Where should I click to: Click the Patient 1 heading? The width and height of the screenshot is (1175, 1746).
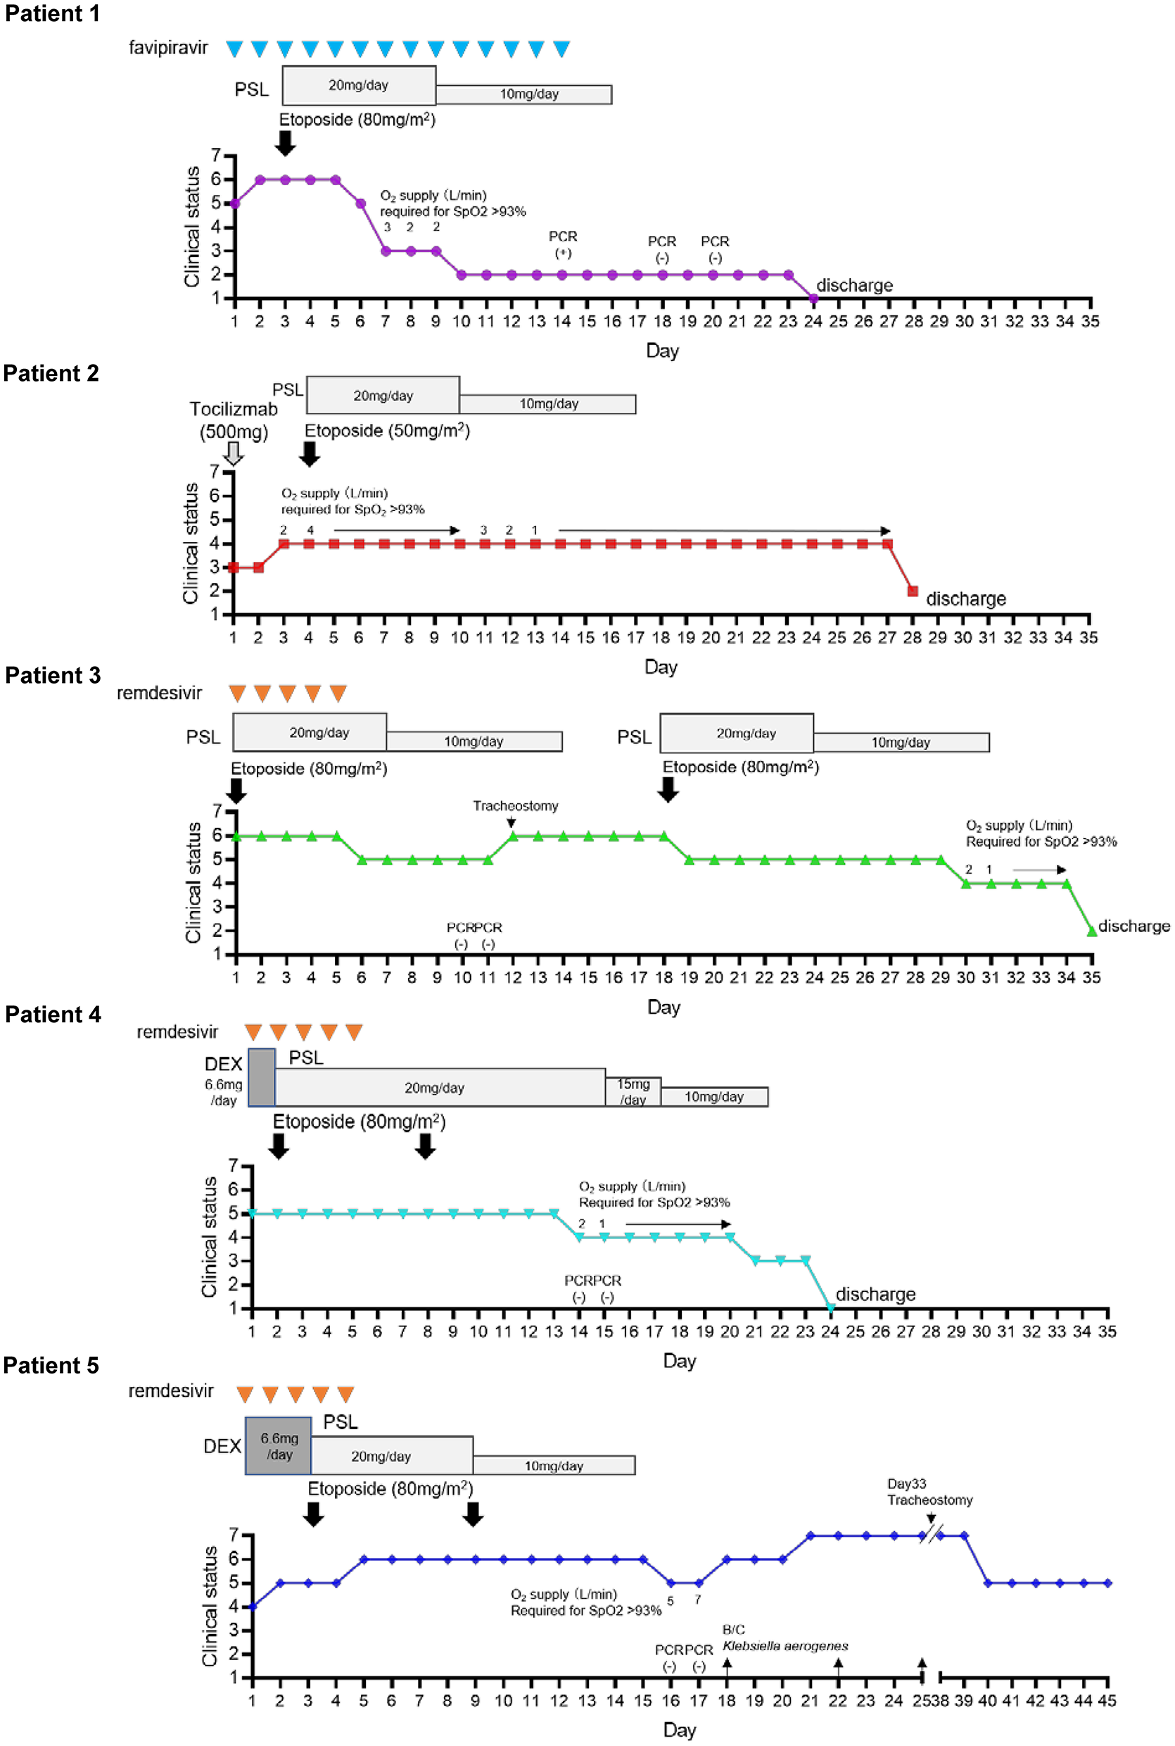(x=51, y=13)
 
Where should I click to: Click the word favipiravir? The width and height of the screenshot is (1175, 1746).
(x=168, y=48)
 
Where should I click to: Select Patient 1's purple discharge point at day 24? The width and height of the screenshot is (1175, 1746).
(x=814, y=299)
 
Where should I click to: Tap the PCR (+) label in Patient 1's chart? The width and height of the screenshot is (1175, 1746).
(x=563, y=244)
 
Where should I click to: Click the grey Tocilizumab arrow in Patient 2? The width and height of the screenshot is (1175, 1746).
(x=234, y=453)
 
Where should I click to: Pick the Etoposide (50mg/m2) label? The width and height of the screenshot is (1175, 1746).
(x=387, y=430)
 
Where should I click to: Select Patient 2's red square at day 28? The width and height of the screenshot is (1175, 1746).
(x=912, y=591)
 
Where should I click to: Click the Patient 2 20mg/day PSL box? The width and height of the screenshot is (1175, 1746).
(x=383, y=395)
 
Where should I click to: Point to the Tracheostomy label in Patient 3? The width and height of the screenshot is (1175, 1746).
(x=516, y=806)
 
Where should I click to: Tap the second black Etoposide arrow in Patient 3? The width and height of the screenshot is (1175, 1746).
(x=668, y=789)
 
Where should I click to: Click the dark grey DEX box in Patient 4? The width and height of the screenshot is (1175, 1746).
(x=262, y=1077)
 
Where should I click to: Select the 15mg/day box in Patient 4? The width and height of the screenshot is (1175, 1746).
(x=633, y=1091)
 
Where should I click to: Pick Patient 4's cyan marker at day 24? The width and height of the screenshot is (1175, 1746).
(x=830, y=1308)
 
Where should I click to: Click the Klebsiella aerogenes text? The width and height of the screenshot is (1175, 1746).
(x=785, y=1645)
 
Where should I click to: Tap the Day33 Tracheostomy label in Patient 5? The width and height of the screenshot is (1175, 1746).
(x=929, y=1492)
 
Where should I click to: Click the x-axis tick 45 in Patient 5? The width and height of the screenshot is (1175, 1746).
(x=1107, y=1701)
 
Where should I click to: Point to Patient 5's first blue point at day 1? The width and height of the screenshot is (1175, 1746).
(x=252, y=1607)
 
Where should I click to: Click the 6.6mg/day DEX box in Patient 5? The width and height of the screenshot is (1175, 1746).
(x=278, y=1446)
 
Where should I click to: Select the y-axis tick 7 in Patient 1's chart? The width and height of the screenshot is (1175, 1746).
(x=216, y=155)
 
